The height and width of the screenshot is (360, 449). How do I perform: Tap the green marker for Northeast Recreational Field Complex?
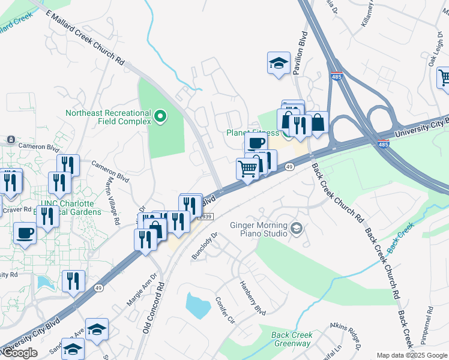160,116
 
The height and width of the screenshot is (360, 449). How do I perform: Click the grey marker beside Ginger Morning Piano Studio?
296,229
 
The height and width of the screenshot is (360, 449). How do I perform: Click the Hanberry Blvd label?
252,298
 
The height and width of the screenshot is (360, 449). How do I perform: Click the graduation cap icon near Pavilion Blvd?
278,63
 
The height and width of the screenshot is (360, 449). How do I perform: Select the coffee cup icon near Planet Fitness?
256,143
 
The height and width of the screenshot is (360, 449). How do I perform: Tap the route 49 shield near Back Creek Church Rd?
289,167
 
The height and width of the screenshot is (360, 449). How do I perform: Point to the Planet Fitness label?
252,133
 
